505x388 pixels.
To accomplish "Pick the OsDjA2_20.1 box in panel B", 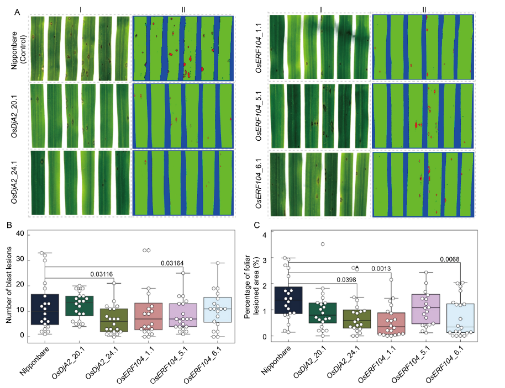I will click(x=80, y=306).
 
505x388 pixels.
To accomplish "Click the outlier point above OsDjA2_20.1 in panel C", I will click(x=323, y=244).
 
